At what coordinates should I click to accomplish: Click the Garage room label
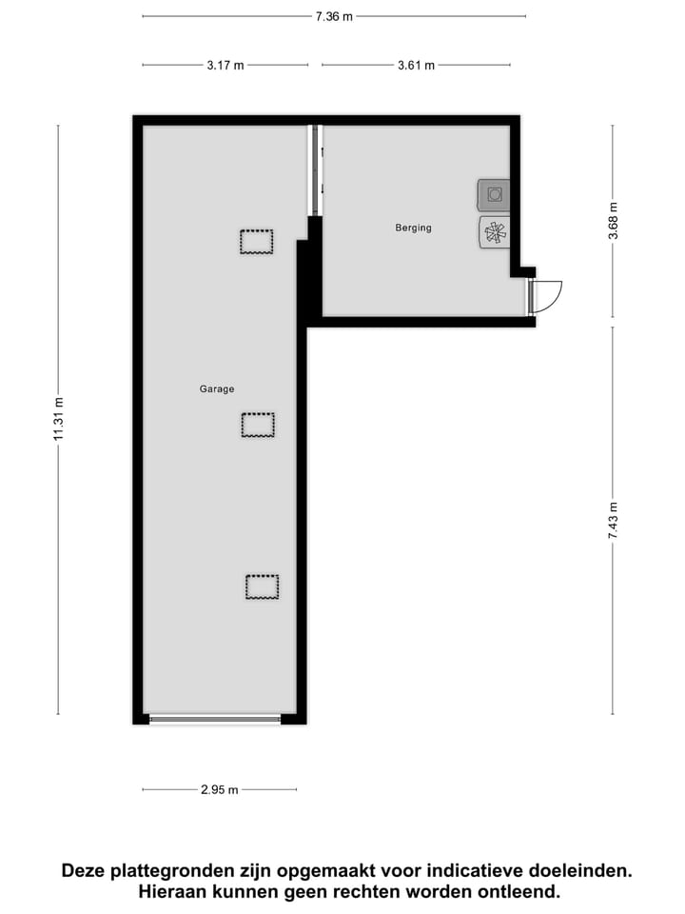coord(217,388)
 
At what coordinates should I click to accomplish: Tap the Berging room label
coord(413,228)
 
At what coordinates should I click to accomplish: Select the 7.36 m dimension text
coord(334,15)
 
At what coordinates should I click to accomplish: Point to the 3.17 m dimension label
coord(225,65)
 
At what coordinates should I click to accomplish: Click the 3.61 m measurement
coord(416,65)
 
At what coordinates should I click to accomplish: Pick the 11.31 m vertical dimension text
coord(58,420)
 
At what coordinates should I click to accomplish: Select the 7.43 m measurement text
coord(613,522)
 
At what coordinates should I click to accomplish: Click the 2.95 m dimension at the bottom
coord(219,789)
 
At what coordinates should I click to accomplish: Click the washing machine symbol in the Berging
coord(494,195)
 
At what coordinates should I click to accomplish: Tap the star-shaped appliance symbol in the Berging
coord(494,231)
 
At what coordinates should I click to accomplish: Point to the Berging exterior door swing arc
coord(550,295)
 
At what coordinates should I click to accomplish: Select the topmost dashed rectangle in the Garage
coord(256,242)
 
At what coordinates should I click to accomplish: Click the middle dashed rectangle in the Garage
coord(258,425)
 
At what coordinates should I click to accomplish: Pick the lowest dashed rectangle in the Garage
coord(262,586)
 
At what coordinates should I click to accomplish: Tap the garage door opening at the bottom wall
coord(215,719)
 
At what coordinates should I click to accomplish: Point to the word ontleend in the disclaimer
coord(521,892)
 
